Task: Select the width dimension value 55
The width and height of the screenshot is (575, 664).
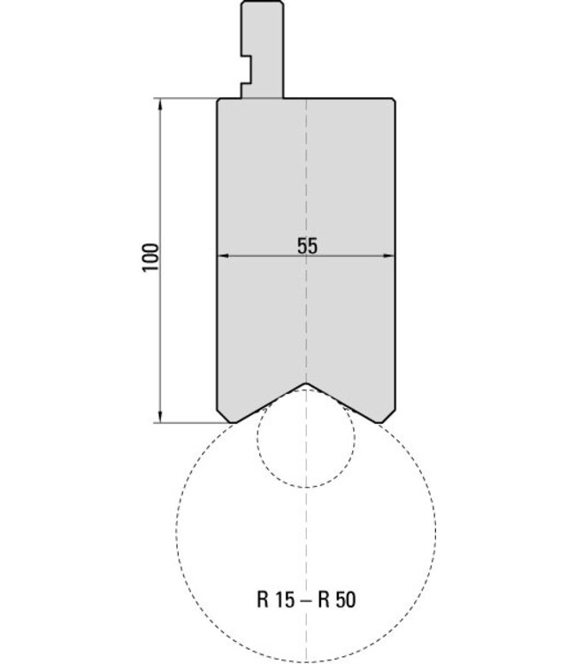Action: [x=306, y=247]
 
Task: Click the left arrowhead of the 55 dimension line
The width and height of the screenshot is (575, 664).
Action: [x=222, y=257]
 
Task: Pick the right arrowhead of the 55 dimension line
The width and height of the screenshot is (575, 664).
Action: [x=390, y=257]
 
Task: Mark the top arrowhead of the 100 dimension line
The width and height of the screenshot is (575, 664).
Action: [x=160, y=103]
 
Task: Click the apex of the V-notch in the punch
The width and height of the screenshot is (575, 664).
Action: [x=306, y=383]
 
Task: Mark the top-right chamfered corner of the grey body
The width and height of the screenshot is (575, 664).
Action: [x=392, y=100]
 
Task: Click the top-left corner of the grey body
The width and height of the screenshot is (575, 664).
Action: [x=219, y=99]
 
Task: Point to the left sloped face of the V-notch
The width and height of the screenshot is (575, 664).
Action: [x=270, y=403]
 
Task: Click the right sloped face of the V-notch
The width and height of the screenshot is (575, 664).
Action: [x=343, y=403]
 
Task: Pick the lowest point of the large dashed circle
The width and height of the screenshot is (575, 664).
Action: [x=306, y=660]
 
